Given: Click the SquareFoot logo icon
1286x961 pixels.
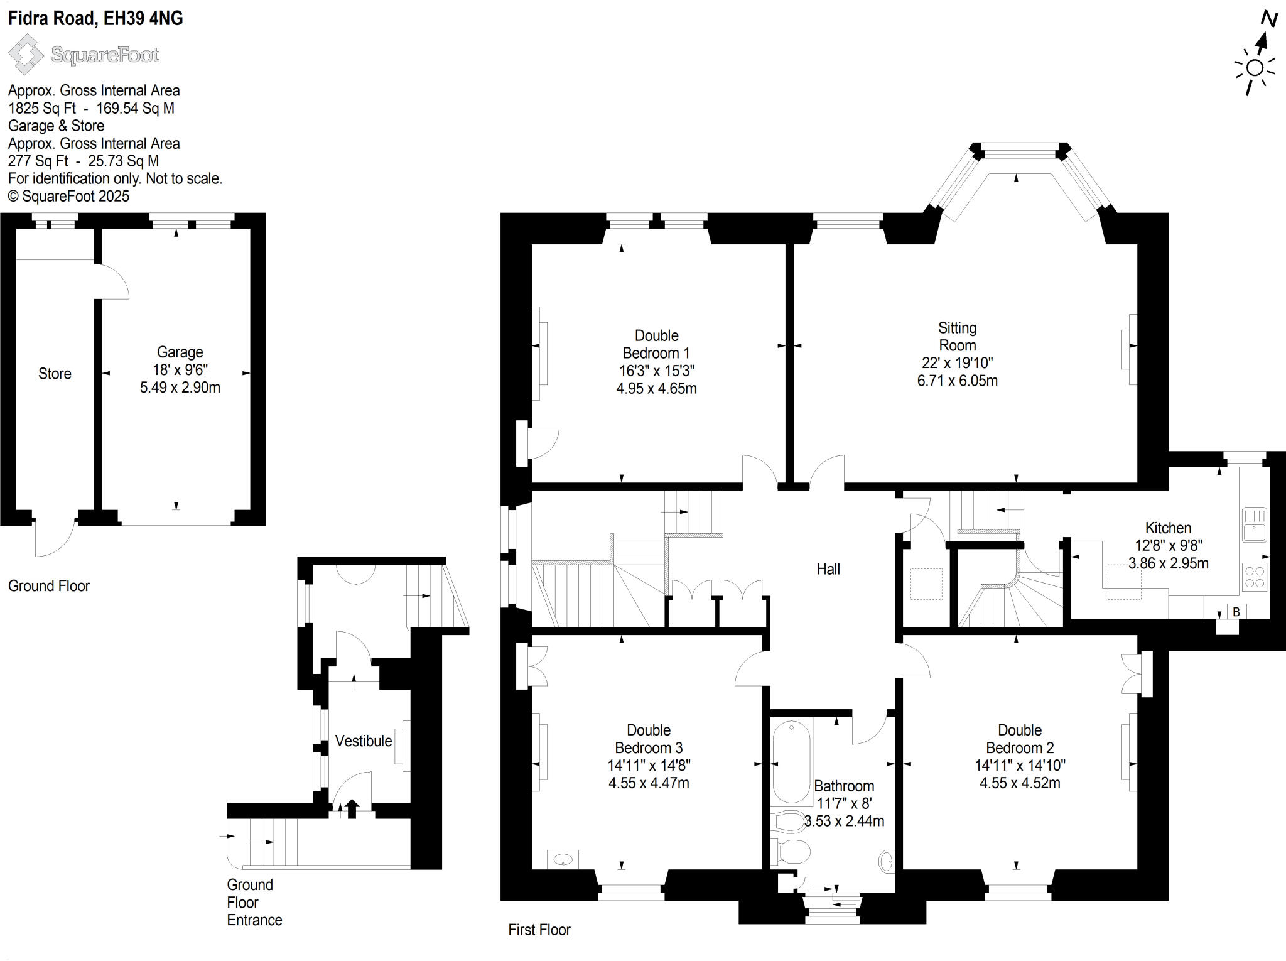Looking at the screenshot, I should (x=25, y=55).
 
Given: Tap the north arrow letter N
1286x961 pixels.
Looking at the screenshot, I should (x=1269, y=19).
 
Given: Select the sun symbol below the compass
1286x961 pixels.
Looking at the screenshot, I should (x=1255, y=68).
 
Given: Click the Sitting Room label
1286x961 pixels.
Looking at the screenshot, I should (x=957, y=337).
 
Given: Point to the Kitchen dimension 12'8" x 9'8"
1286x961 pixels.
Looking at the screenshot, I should (x=1168, y=546).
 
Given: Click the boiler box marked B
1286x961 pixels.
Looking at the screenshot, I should (x=1236, y=612).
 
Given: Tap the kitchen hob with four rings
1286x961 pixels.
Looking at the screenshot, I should (x=1255, y=577).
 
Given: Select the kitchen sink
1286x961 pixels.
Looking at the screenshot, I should (x=1255, y=525).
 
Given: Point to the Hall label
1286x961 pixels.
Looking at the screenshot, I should (x=828, y=569).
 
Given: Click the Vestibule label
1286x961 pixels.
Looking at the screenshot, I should (x=363, y=741).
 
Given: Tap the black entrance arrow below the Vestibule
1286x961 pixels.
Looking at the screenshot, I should (x=352, y=808).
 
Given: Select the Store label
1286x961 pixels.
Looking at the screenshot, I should (x=55, y=374).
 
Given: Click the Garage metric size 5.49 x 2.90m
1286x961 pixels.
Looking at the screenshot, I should (x=180, y=388).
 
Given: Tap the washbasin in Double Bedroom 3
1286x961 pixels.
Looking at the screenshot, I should (x=563, y=859).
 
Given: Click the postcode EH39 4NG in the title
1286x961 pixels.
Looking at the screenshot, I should (x=143, y=18).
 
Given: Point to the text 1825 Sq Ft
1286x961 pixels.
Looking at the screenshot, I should (x=42, y=108).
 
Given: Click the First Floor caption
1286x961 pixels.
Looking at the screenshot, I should (x=539, y=930).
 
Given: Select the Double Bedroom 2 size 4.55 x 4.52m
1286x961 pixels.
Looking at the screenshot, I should (x=1019, y=783).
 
